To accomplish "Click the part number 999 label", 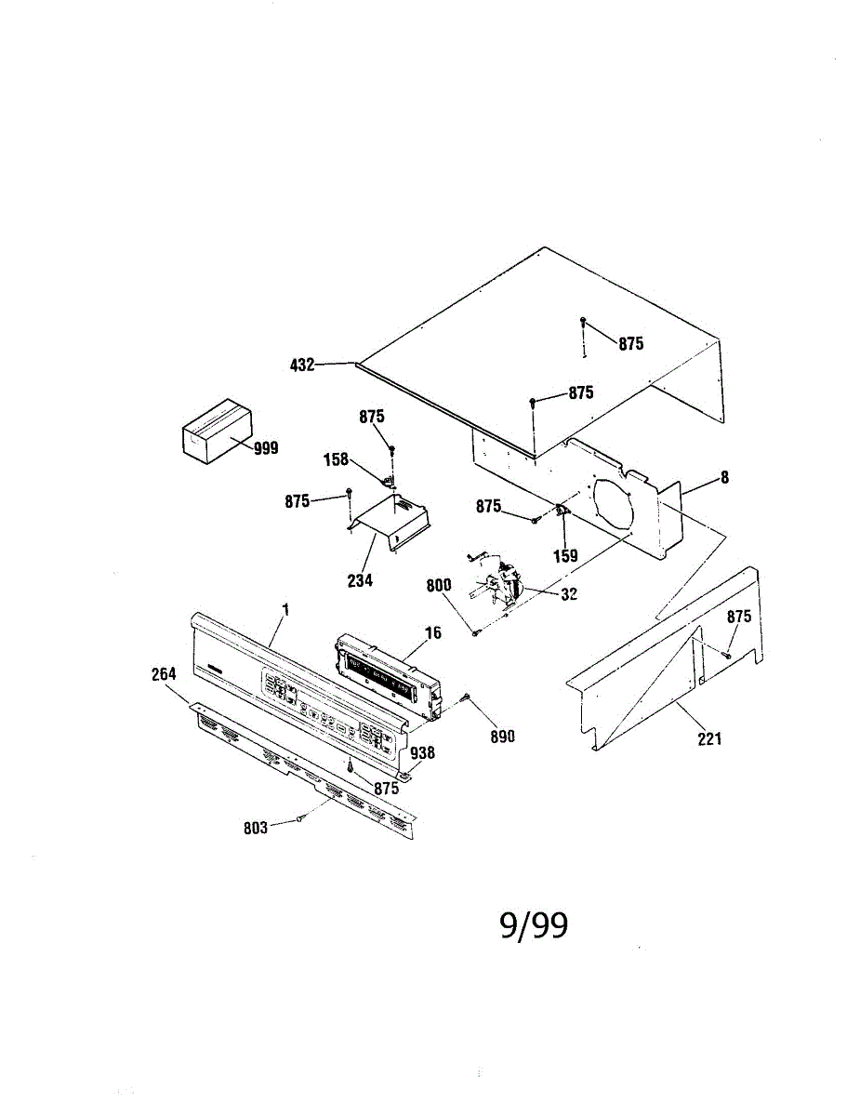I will point(266,448).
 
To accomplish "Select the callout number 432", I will point(303,365).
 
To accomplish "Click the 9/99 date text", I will point(534,925).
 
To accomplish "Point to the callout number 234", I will point(360,581).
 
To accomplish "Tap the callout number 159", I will point(565,556).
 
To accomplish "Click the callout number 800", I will point(440,586).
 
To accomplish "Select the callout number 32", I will point(570,594).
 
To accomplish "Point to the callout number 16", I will point(432,633).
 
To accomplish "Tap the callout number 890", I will point(502,736).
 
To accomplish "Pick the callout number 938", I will point(422,753).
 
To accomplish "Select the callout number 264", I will point(165,674).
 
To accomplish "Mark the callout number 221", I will point(708,739).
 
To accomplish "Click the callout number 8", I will point(724,478).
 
